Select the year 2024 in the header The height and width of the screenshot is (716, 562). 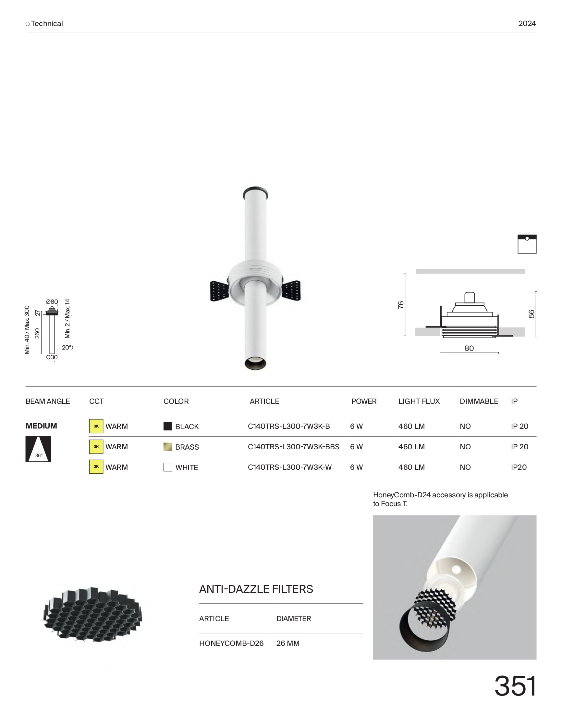click(x=527, y=23)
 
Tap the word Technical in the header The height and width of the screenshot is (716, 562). click(x=47, y=23)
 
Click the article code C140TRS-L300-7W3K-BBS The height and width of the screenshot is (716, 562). click(x=294, y=447)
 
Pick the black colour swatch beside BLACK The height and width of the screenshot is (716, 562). click(x=167, y=426)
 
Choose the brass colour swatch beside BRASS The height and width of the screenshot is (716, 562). click(x=167, y=447)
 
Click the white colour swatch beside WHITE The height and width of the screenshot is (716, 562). click(x=167, y=467)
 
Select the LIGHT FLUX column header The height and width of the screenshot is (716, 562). click(x=419, y=401)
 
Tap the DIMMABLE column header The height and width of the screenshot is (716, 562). click(x=479, y=401)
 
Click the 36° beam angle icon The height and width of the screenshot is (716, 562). click(x=39, y=449)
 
